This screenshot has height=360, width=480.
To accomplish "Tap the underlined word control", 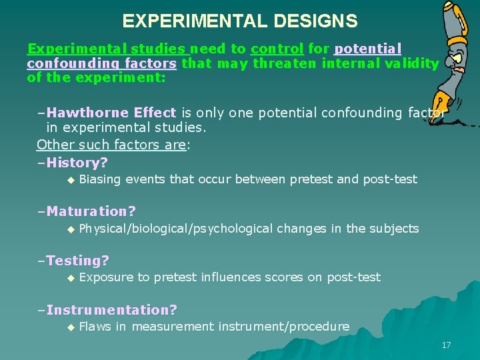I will pos(277,49).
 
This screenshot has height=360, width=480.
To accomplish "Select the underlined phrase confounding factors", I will pos(101,63).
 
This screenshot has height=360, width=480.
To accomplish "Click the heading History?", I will pos(77,162).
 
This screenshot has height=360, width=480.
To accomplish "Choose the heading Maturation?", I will pos(91,211).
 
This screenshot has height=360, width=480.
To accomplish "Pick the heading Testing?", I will pos(77,261).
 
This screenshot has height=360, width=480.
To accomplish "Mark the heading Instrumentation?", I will pos(111,310).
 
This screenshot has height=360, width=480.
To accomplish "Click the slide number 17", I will pos(446,345).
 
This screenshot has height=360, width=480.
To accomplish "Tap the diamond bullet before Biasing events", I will pos(69,180).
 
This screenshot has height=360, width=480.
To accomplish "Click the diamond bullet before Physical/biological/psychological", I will pos(69,229).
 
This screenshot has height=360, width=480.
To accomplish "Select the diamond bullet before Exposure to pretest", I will pos(69,278).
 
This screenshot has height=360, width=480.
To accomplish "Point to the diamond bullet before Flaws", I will pos(69,327).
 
